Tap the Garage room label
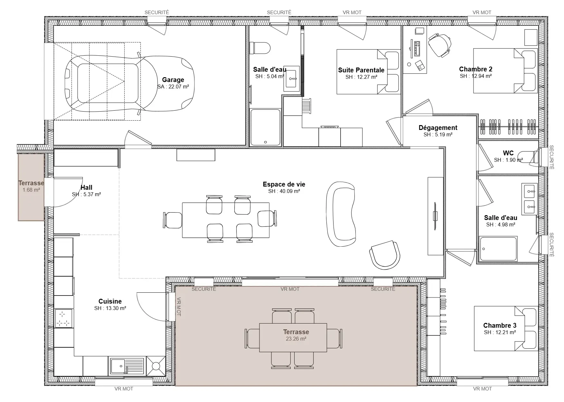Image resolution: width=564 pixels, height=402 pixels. [173, 80]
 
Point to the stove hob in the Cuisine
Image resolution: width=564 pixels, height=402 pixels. [64, 318]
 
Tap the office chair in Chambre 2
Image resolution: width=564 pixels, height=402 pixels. [440, 45]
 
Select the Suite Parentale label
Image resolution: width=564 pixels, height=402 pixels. [361, 70]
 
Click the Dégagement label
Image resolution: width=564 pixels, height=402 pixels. [438, 128]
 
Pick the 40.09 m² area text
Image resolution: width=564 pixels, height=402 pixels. [284, 191]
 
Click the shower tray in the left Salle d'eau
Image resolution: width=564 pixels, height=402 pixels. [266, 127]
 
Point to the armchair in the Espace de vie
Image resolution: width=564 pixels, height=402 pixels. [385, 255]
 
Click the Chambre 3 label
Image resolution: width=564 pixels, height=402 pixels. [500, 325]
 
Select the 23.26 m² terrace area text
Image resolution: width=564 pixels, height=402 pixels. [296, 339]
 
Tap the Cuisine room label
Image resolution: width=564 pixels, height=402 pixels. [110, 301]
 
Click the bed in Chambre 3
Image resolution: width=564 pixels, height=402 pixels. [506, 328]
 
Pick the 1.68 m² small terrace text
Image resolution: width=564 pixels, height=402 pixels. [31, 190]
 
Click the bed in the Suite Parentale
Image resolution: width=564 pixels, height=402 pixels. [368, 72]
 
